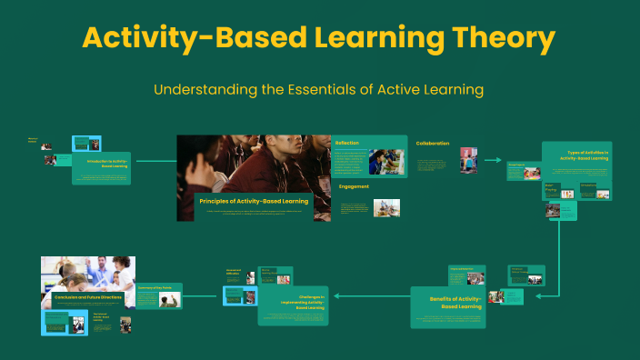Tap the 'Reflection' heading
(x=346, y=143)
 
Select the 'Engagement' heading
(x=354, y=186)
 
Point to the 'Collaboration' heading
(x=433, y=143)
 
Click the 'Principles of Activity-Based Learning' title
(x=253, y=200)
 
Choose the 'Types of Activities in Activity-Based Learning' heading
(x=588, y=155)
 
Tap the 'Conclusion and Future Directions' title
(x=87, y=296)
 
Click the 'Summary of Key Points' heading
(x=155, y=287)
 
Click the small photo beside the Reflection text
(x=387, y=162)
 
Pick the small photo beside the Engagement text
(x=385, y=208)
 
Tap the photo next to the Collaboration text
(x=468, y=160)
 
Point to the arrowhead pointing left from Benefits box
(x=338, y=295)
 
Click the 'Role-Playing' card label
(x=550, y=188)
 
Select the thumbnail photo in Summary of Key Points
(x=168, y=299)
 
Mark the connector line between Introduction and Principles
(x=154, y=161)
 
